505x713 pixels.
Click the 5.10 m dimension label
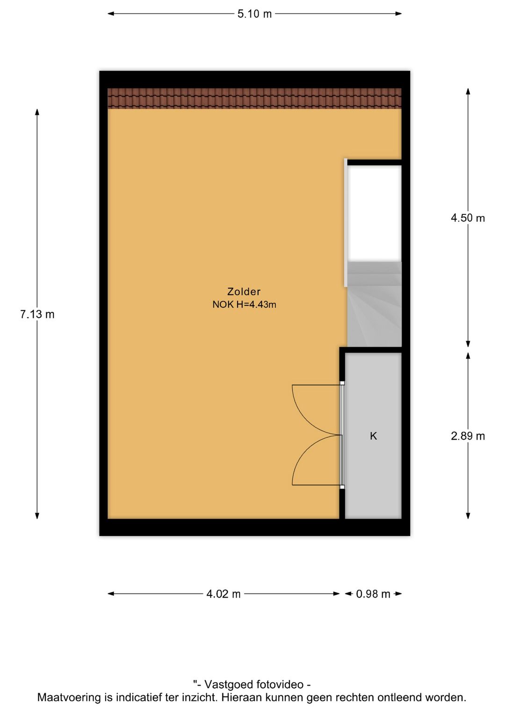pos(254,14)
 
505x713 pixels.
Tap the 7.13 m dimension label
pos(37,314)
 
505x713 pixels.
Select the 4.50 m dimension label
pos(468,218)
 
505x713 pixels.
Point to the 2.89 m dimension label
pos(468,436)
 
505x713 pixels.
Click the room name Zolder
pos(244,292)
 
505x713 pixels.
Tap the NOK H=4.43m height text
pos(244,305)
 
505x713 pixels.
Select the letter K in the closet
pos(374,436)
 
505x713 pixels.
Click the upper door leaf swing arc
pos(308,420)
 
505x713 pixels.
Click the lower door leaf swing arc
pos(308,451)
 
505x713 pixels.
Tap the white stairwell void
pos(375,213)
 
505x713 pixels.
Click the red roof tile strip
pos(254,99)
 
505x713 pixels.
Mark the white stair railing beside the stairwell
pos(346,222)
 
